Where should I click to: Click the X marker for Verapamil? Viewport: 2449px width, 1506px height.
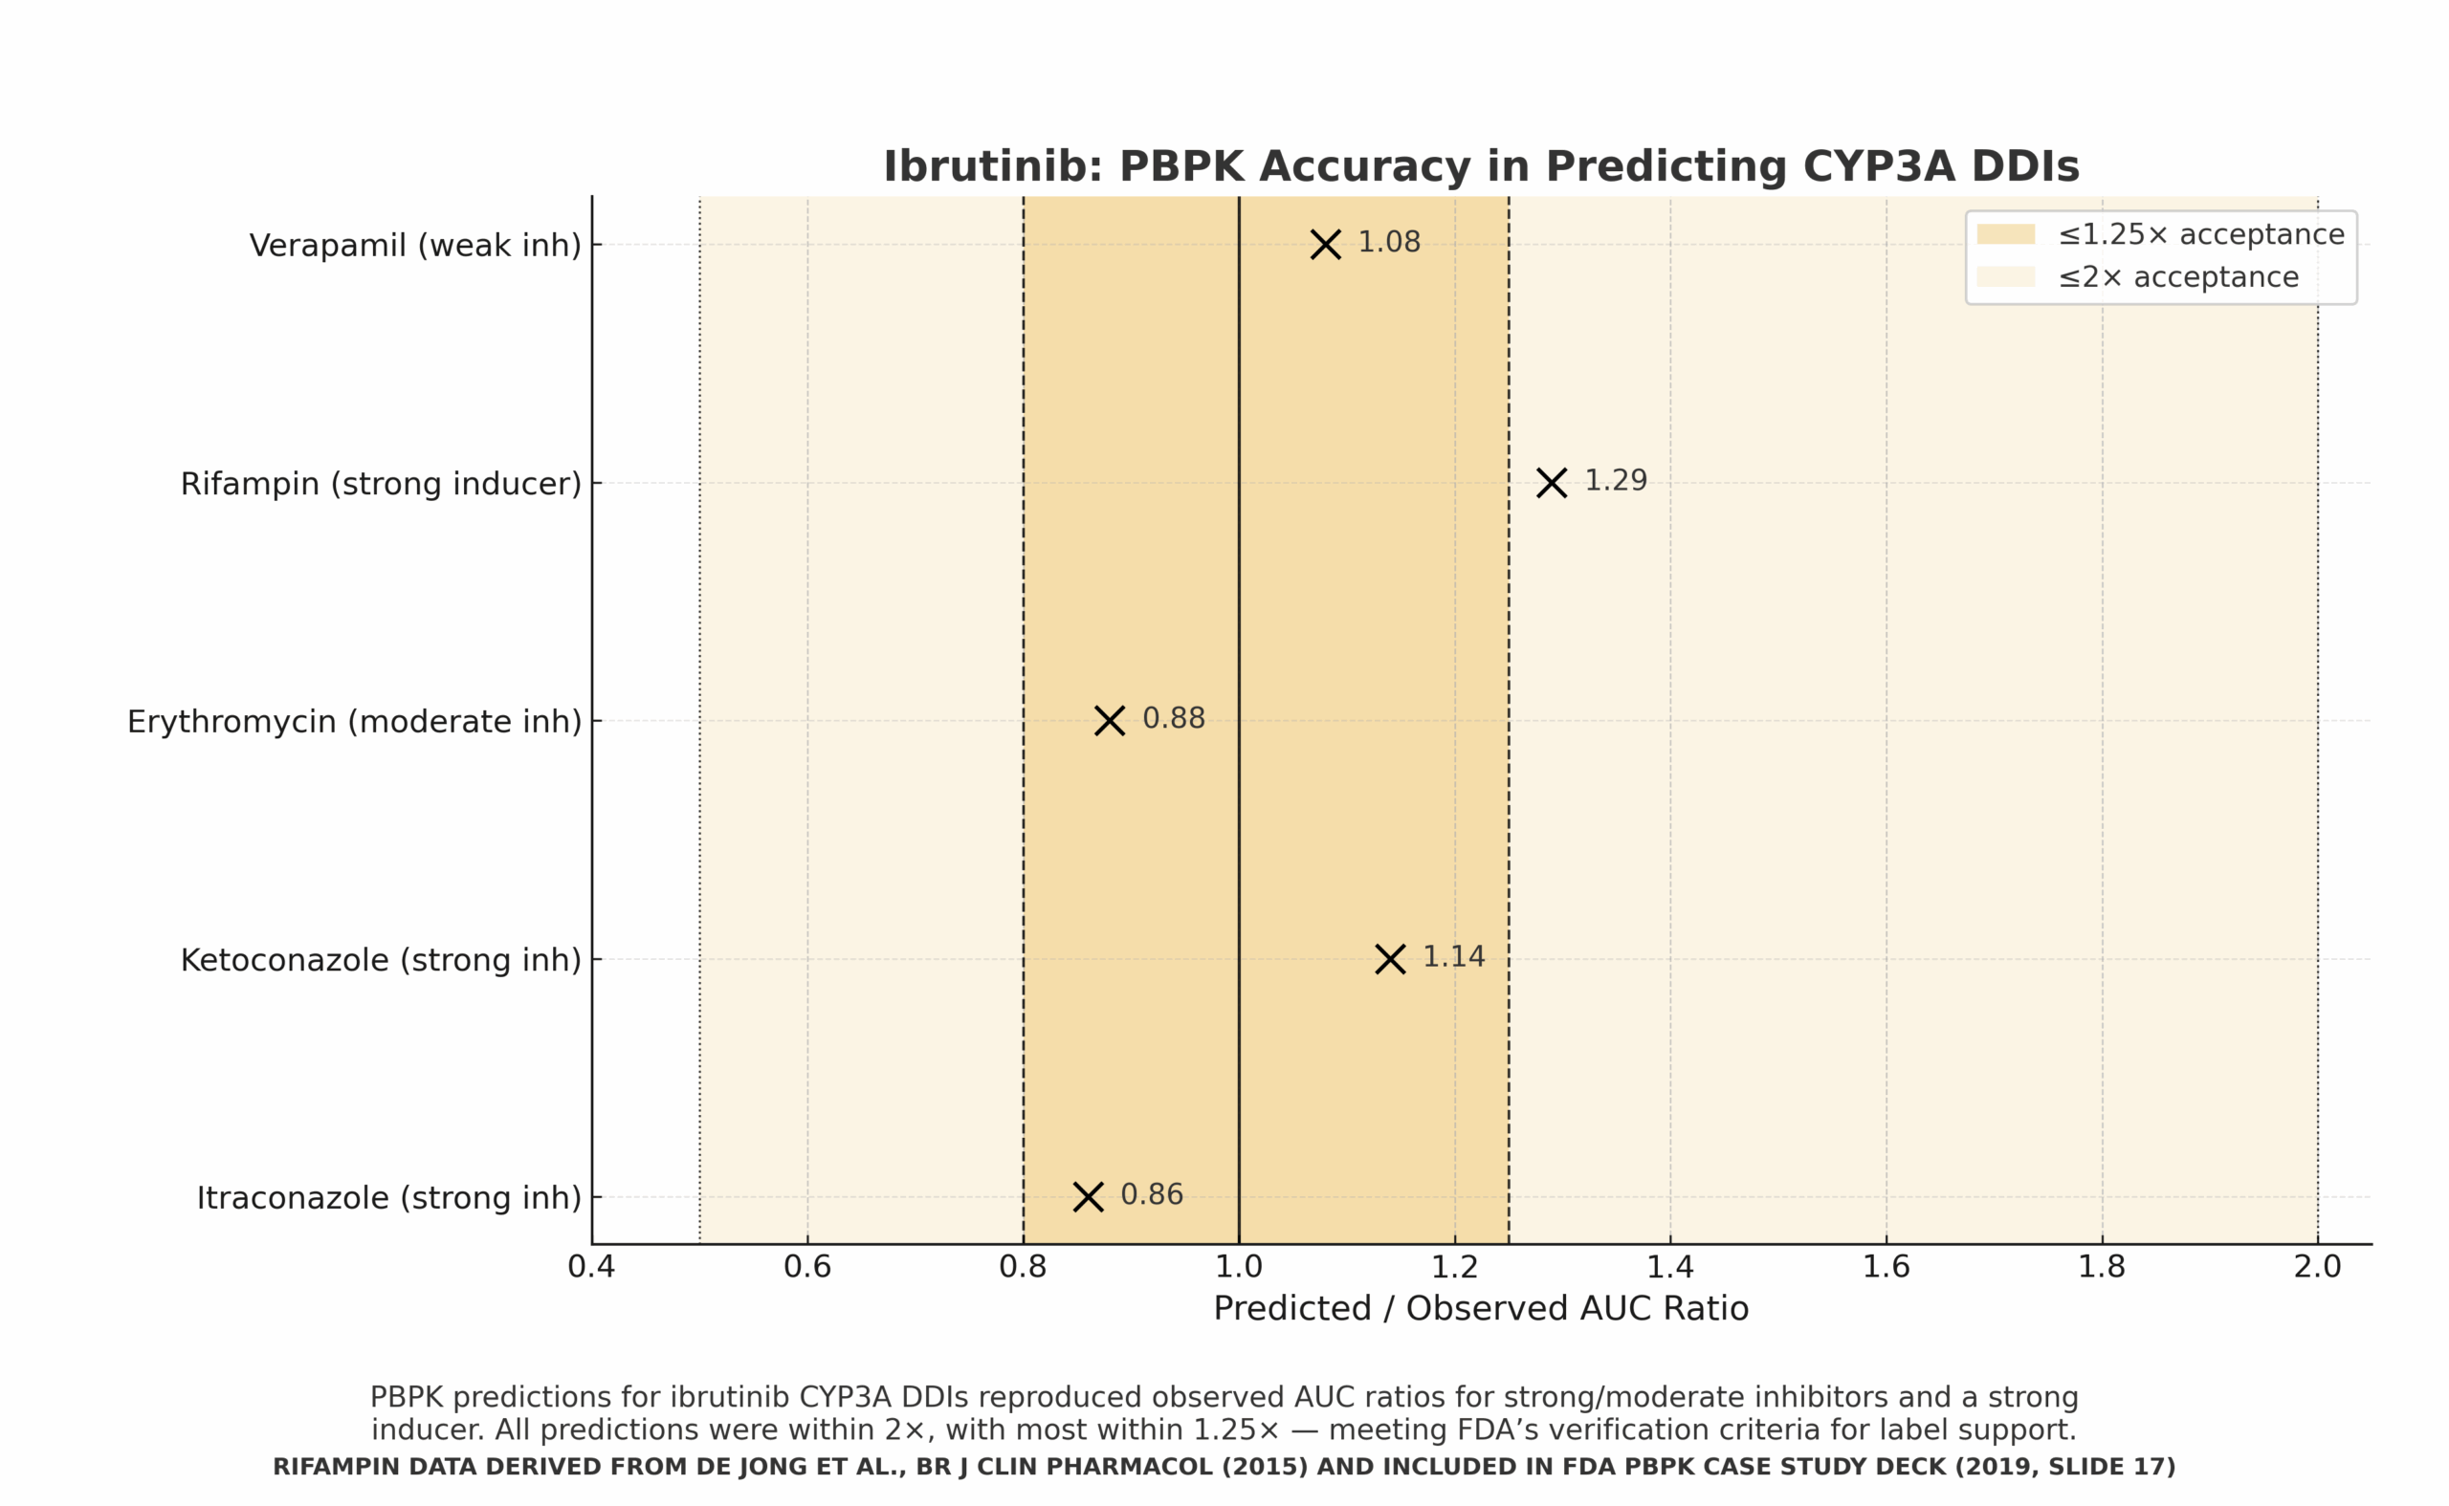pos(1325,244)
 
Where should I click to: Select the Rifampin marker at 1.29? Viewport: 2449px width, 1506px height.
pos(1552,483)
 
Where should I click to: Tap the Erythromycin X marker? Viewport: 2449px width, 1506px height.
pos(1109,721)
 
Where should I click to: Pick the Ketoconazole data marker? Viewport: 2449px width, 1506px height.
pos(1390,959)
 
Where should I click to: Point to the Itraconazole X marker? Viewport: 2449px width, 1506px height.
pos(1088,1197)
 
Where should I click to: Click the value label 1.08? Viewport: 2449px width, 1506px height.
pos(1389,242)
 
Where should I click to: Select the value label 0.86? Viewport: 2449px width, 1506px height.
pos(1152,1194)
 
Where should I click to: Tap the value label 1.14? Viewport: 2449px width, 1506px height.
pos(1454,956)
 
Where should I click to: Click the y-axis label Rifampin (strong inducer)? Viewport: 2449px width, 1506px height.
pos(381,484)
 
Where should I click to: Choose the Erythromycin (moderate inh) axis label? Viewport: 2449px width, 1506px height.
pos(354,722)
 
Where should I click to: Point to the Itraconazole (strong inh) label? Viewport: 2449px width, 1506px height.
pos(388,1198)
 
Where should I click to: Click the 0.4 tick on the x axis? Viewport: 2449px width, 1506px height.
pos(591,1267)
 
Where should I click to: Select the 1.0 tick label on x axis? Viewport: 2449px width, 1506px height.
pos(1239,1267)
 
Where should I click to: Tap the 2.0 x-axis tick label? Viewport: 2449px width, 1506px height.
pos(2318,1267)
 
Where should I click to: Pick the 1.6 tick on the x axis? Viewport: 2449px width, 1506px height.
pos(1886,1267)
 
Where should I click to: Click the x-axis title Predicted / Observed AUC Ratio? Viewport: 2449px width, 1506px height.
pos(1481,1309)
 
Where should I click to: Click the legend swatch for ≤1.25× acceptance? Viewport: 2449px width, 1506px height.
pos(2006,234)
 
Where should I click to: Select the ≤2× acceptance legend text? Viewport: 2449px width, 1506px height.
pos(2179,277)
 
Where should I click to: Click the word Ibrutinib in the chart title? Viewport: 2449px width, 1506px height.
pos(992,166)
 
